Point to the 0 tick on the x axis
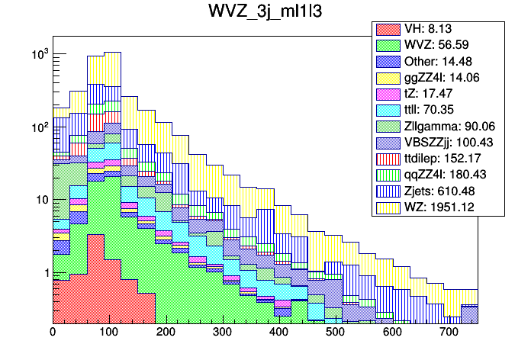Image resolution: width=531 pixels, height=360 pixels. (53, 333)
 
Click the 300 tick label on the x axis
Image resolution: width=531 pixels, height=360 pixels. (222, 333)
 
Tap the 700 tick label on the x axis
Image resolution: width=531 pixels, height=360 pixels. (448, 333)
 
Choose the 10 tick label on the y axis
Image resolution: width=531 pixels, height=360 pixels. (38, 201)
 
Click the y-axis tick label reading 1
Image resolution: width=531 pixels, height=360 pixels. (43, 273)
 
